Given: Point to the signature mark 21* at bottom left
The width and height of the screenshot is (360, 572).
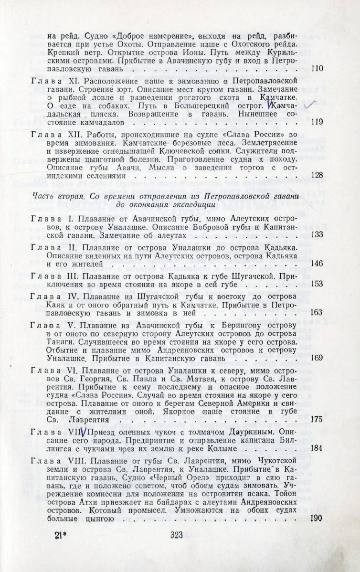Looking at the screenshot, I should [x=56, y=548].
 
